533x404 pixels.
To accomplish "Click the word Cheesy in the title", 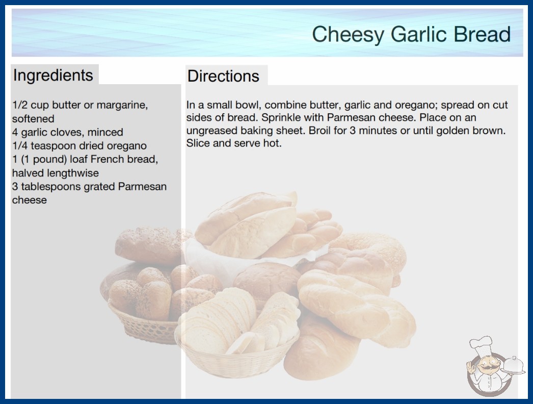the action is coord(348,34).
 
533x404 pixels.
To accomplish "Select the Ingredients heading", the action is coord(53,75).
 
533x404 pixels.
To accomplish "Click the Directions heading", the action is coord(223,76).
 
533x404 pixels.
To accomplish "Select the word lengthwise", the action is coord(72,173).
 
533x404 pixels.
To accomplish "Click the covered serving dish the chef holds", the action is coord(514,366).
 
